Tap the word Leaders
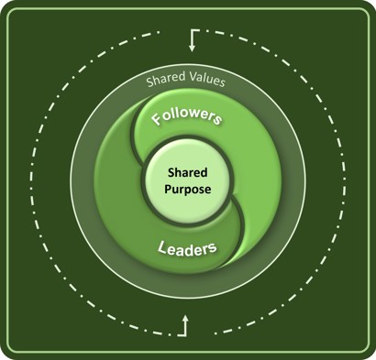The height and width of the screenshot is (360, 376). click(x=187, y=248)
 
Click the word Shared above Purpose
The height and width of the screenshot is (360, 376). click(x=188, y=172)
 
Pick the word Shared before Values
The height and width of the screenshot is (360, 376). click(x=165, y=82)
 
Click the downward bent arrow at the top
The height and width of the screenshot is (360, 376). click(x=194, y=38)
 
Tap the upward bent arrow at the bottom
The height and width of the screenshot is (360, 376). click(x=186, y=322)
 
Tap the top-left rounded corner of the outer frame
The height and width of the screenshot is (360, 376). click(x=8, y=8)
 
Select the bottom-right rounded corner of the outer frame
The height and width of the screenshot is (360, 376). click(x=367, y=350)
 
